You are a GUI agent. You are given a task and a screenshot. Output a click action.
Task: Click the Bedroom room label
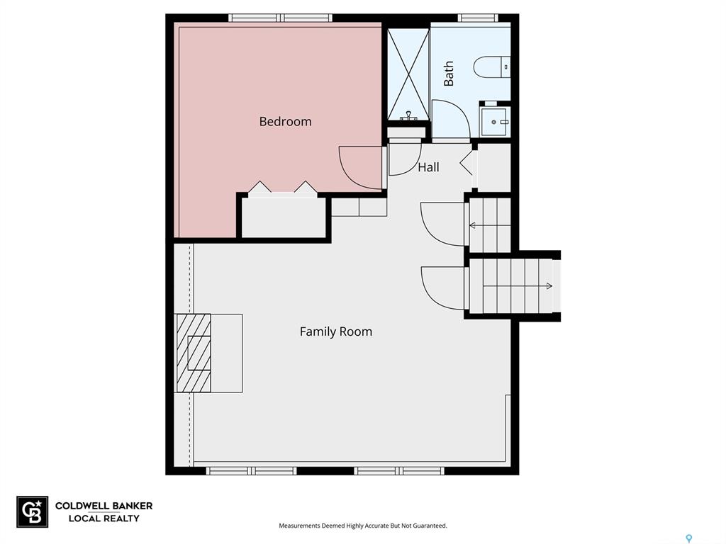pos(285,122)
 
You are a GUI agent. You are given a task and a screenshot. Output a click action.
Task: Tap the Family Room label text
pos(335,331)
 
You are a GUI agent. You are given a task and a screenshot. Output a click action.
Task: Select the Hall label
pos(428,167)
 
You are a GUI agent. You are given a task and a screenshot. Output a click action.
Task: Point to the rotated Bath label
pos(449,74)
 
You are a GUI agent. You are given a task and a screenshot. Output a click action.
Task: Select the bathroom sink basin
pos(496,122)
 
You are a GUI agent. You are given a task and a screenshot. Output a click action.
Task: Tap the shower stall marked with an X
pos(408,74)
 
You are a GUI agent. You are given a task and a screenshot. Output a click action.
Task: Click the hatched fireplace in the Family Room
pos(193,353)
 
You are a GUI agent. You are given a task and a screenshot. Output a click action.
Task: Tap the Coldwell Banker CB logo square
pos(33,511)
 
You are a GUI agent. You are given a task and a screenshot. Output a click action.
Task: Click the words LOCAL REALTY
pos(104,518)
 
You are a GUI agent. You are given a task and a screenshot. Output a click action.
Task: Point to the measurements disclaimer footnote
pos(363,526)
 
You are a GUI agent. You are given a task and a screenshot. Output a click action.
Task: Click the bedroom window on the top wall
pos(281,18)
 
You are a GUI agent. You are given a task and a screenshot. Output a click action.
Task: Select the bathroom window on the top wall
pos(479,18)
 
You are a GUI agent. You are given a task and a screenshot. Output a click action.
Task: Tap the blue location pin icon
pos(689,538)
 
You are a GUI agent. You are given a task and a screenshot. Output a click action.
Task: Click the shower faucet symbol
pos(408,115)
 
